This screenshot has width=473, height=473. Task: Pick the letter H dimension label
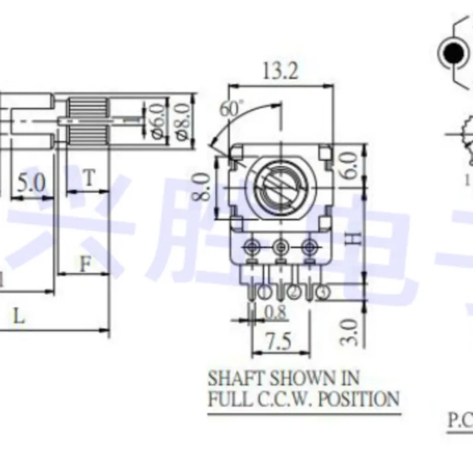tap(352, 239)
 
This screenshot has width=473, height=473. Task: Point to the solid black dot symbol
tap(453, 53)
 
